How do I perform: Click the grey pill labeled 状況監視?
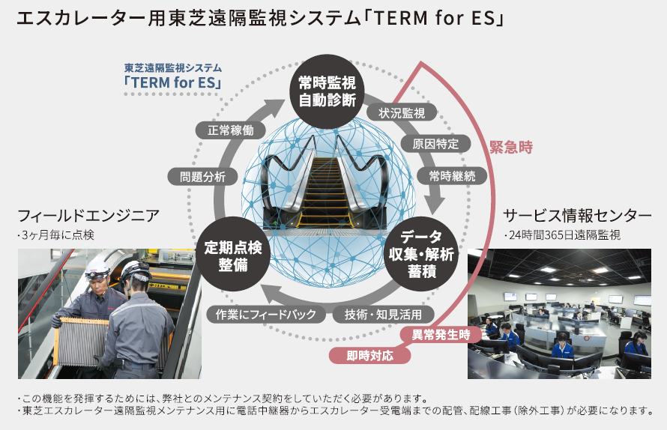(401, 113)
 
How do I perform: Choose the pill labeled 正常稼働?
(230, 130)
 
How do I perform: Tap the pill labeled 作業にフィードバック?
(265, 314)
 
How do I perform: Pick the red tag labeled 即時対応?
(369, 355)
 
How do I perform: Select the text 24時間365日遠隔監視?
(564, 236)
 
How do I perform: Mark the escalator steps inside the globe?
(327, 187)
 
